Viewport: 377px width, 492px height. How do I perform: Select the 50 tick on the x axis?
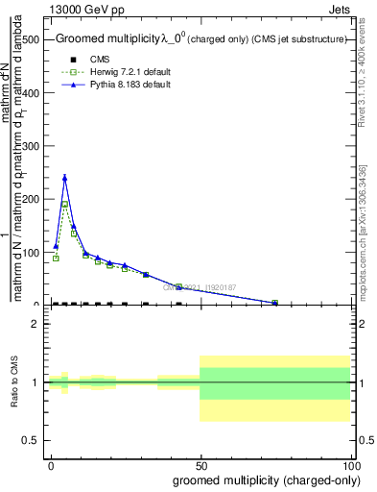tap(200, 464)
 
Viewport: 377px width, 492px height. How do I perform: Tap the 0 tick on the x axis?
tap(51, 464)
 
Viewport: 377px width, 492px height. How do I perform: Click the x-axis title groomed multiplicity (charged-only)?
tap(262, 480)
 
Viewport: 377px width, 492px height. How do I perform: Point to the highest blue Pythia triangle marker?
tap(64, 177)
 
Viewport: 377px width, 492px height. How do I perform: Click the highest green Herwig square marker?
tap(64, 205)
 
